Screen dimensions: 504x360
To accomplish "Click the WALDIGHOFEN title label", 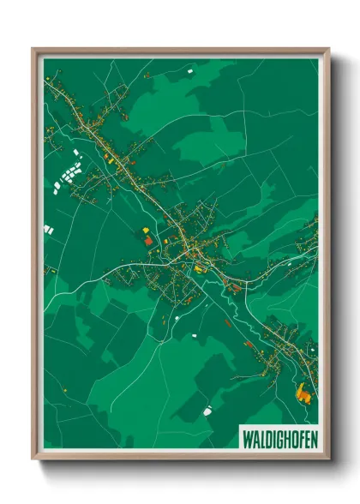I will pyautogui.click(x=279, y=435).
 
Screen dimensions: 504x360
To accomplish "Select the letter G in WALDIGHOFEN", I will pyautogui.click(x=279, y=435).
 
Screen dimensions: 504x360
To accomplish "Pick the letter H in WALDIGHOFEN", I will pyautogui.click(x=285, y=435).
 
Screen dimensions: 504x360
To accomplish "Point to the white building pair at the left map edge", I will pyautogui.click(x=48, y=229).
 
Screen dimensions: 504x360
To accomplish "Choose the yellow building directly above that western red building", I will pyautogui.click(x=144, y=230).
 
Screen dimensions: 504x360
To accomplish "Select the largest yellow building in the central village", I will pyautogui.click(x=200, y=269).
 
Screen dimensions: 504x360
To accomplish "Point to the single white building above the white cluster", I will pyautogui.click(x=75, y=153).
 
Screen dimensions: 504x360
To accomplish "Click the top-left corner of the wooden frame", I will pyautogui.click(x=33, y=49).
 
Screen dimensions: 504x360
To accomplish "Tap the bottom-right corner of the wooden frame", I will pyautogui.click(x=329, y=459).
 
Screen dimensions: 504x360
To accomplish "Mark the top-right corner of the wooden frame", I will pyautogui.click(x=329, y=49).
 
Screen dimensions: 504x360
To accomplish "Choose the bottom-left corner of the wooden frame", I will pyautogui.click(x=33, y=459).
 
